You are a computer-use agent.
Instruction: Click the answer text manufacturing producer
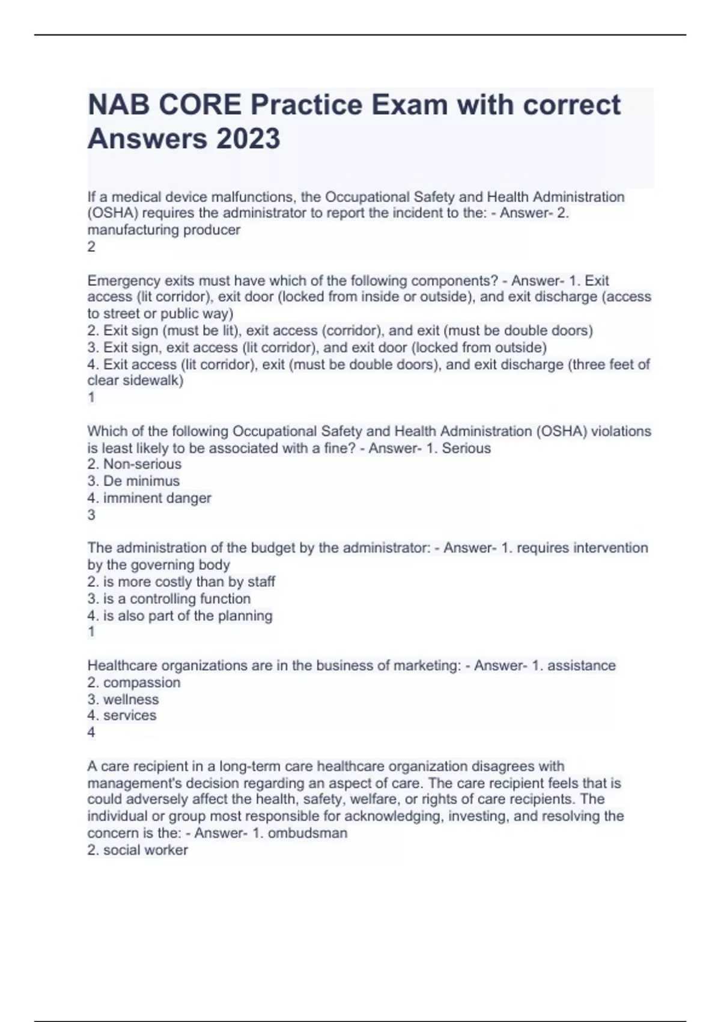point(163,230)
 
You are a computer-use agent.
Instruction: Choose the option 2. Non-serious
point(134,464)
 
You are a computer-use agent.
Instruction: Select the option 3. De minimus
point(133,481)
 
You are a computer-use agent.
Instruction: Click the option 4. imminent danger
point(149,498)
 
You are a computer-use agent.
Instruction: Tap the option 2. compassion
point(133,682)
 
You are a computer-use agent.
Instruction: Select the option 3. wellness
point(123,699)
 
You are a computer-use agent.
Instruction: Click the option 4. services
point(122,715)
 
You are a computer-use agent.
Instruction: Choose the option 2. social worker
point(138,850)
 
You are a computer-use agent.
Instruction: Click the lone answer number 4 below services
point(91,732)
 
